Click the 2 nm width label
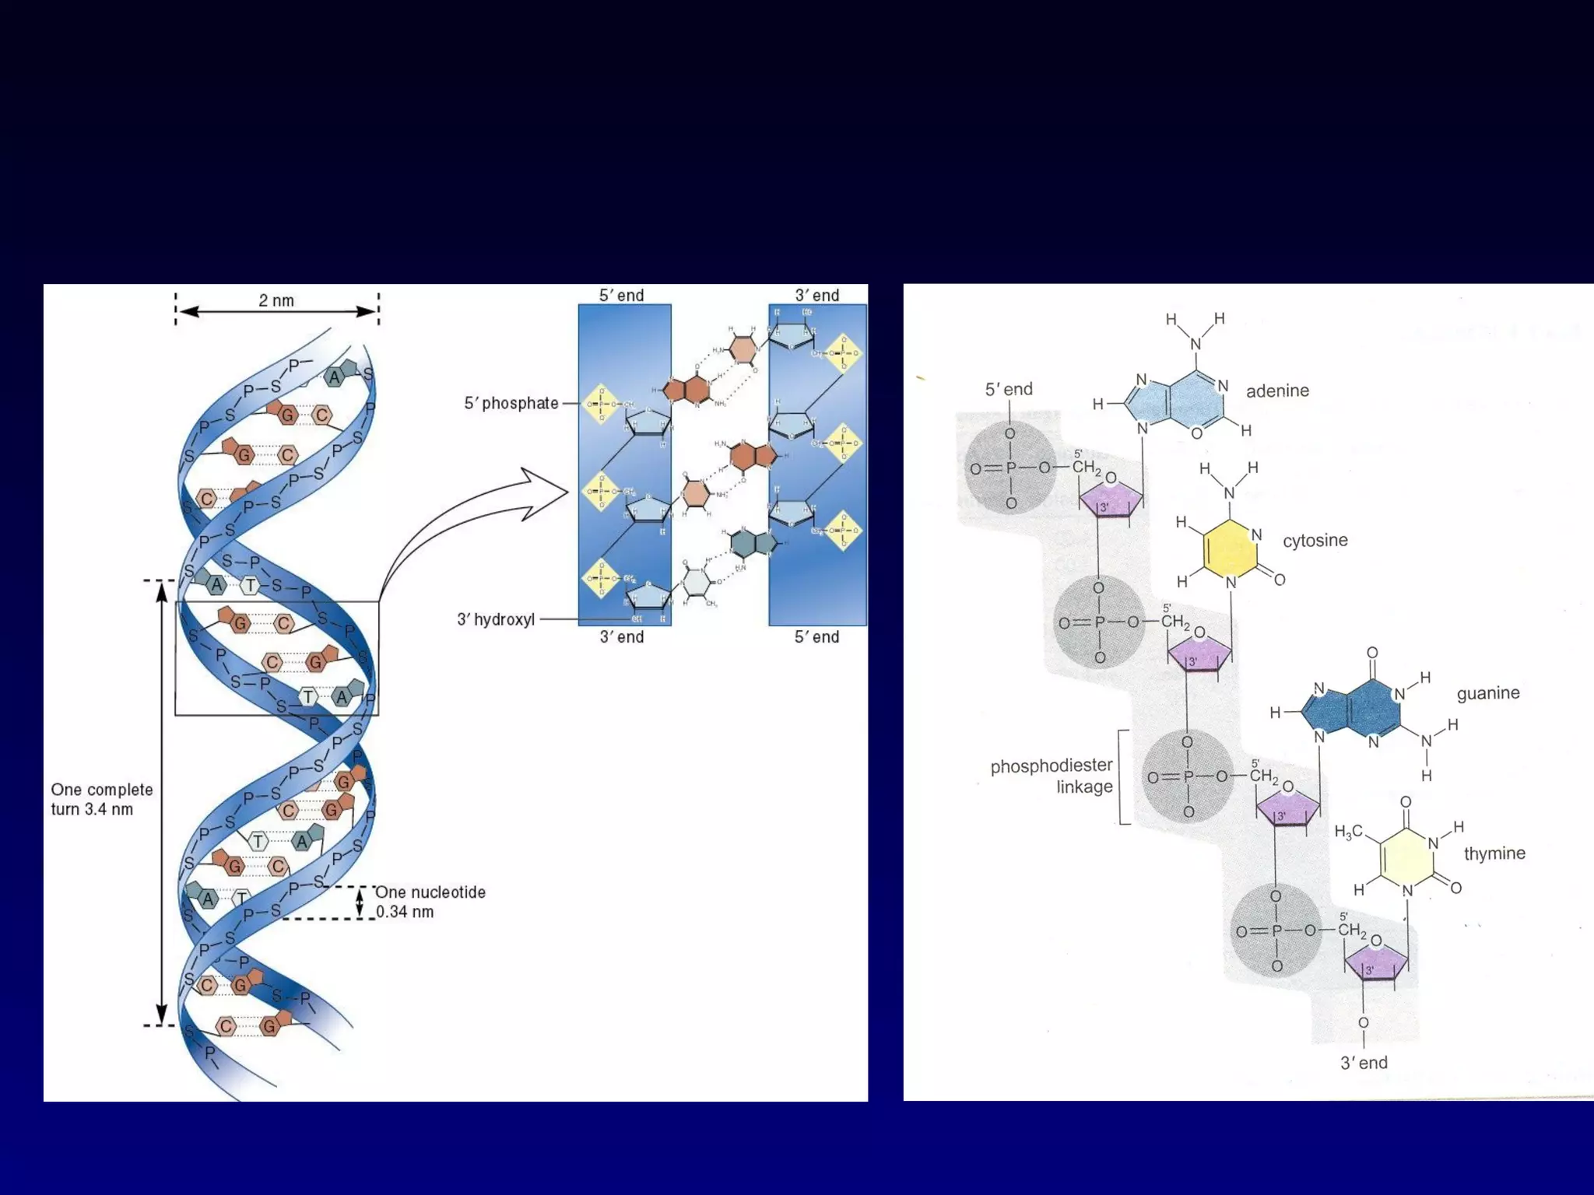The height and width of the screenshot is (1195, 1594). [276, 301]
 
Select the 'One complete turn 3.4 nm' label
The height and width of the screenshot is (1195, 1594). [102, 799]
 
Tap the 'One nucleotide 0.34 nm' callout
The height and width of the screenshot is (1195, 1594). [430, 902]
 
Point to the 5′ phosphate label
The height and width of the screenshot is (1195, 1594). [511, 403]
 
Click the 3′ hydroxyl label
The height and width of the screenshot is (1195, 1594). [496, 619]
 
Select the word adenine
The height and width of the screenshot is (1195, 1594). [1277, 391]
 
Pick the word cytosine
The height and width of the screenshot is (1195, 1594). [1315, 540]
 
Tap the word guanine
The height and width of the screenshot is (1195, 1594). [1487, 692]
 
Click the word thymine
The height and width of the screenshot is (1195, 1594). [1494, 853]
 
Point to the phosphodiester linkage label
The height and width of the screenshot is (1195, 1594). [1052, 776]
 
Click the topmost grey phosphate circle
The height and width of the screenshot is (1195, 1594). [1010, 468]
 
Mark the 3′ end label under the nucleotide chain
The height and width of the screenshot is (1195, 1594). [1364, 1063]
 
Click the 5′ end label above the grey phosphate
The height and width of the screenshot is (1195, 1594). [1009, 389]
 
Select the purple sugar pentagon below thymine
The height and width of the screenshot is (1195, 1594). [1375, 965]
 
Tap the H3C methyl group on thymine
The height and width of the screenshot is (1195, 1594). [1349, 832]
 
